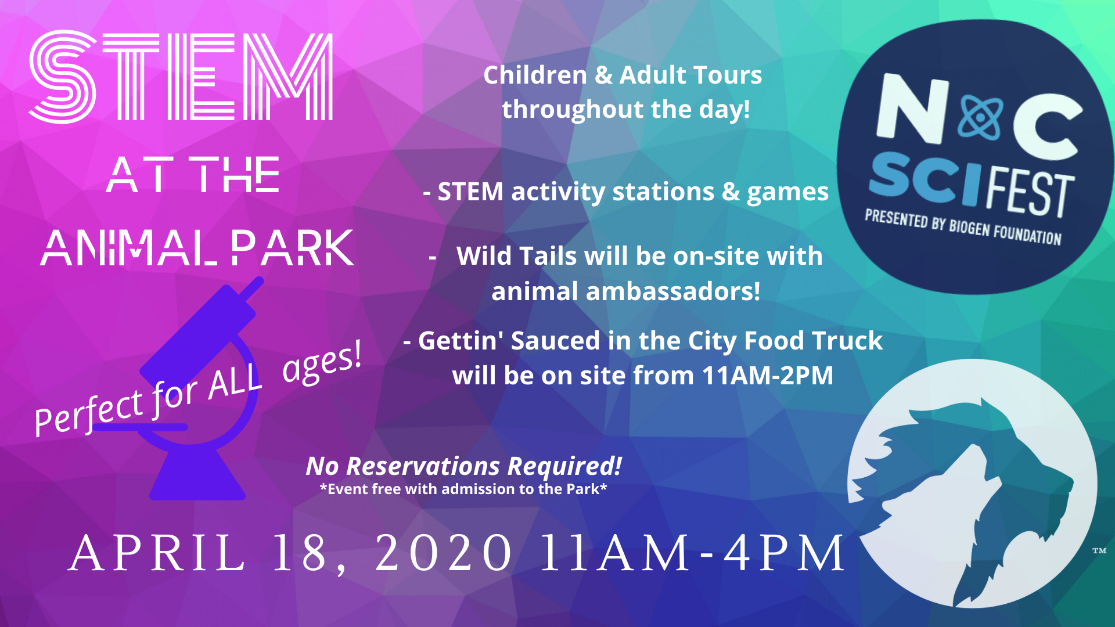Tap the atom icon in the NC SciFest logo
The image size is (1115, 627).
click(981, 117)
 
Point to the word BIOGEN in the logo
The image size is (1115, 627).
click(969, 227)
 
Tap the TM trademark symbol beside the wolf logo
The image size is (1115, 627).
click(1099, 550)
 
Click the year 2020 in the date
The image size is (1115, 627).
click(444, 553)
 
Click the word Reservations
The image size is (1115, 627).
click(423, 466)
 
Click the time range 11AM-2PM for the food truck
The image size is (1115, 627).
click(767, 376)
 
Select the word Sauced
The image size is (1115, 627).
click(555, 341)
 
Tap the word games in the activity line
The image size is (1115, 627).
click(787, 192)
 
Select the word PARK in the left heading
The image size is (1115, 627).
click(293, 248)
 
